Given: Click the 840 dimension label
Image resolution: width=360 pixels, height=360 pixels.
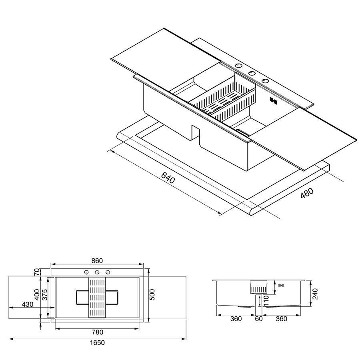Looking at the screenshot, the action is coord(168,177).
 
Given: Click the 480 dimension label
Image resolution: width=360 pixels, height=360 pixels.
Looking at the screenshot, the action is coord(307,193).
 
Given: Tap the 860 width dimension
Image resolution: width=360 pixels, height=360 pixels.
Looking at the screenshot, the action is coord(97,260).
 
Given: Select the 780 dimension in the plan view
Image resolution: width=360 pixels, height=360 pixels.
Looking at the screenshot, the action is coord(97,332).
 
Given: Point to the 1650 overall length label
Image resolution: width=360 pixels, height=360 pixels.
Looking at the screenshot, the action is coord(97,342).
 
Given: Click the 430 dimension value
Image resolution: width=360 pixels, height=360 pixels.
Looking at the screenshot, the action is coord(28,304).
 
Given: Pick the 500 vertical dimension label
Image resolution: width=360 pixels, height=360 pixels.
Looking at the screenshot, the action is coord(152,294).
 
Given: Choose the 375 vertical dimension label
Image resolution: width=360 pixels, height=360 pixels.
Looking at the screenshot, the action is coord(45,294).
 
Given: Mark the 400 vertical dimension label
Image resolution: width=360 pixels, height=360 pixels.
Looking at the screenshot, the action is coord(37,294).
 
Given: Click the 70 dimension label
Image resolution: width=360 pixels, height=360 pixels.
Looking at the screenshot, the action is coord(37,272).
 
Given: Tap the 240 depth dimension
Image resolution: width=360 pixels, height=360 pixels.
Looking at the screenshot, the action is coord(315,294).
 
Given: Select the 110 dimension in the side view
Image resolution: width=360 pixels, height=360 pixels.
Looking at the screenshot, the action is coord(266,300).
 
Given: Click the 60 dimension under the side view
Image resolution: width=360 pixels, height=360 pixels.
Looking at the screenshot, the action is coord(259,319).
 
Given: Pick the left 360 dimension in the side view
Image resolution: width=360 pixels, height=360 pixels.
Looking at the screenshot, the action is coord(236,319).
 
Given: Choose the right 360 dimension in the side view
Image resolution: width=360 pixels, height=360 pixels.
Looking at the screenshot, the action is coord(282,319).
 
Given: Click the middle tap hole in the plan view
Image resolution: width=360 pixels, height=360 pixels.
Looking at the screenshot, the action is coord(97,272).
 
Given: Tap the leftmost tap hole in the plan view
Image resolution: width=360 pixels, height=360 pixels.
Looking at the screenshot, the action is coord(86,272).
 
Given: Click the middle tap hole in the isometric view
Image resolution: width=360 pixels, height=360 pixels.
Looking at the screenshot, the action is coord(252,73).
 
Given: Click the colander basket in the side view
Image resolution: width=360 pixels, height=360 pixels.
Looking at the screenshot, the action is coord(258,287).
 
